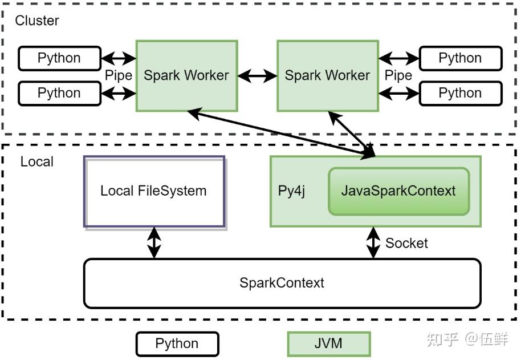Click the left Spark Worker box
click(x=186, y=75)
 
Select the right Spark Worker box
click(x=327, y=75)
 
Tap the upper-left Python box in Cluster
click(x=59, y=58)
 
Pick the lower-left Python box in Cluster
click(x=59, y=93)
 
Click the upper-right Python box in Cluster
click(x=460, y=58)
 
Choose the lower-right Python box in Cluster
click(x=460, y=93)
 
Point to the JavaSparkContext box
click(x=398, y=191)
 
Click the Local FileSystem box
click(x=154, y=191)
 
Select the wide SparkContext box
click(x=282, y=283)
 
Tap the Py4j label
click(x=291, y=191)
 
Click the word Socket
click(x=406, y=243)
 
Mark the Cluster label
click(x=37, y=21)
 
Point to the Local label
click(x=37, y=161)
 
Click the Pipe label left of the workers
click(x=119, y=75)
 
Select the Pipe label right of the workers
click(x=398, y=75)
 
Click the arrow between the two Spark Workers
click(x=257, y=75)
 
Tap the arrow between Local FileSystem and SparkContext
click(x=154, y=243)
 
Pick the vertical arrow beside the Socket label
click(x=373, y=243)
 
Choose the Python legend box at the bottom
click(x=177, y=344)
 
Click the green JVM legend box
click(x=328, y=344)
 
